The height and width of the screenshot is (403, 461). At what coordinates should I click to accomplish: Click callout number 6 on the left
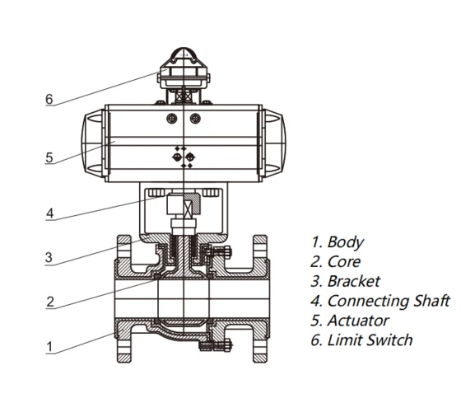49,100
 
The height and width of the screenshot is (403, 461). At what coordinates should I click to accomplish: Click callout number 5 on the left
49,157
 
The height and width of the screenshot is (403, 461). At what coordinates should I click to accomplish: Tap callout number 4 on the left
49,213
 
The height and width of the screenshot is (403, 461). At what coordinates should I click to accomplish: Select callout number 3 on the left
49,258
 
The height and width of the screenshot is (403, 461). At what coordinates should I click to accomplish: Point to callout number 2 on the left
49,302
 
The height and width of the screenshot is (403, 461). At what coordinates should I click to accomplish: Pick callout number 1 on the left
49,347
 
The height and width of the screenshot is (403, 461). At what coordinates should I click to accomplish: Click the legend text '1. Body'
337,242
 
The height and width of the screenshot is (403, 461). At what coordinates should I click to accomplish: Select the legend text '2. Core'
337,262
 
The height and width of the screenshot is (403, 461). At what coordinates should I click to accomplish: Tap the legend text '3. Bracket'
346,281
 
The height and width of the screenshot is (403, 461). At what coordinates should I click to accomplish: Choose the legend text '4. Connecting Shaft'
380,301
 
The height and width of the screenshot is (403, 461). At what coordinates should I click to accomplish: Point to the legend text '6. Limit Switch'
361,340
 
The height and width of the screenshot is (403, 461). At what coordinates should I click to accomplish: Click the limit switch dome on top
183,61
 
